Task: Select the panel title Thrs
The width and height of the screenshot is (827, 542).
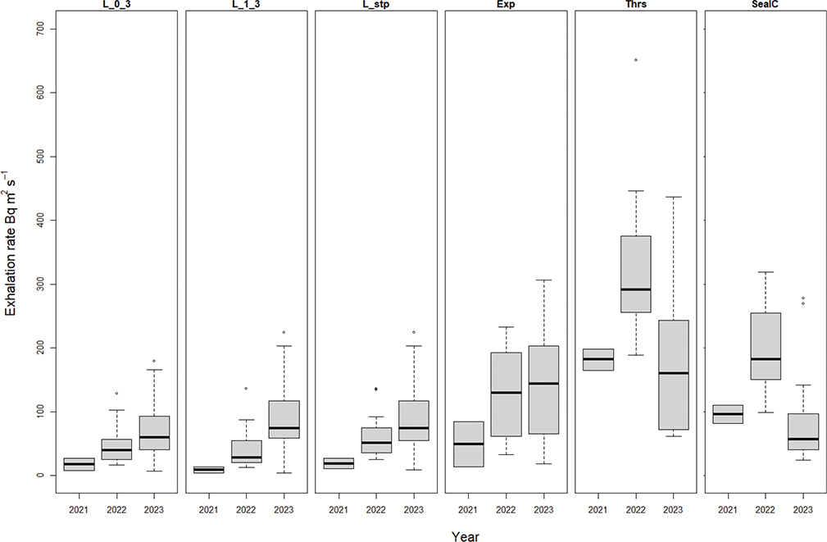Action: [634, 6]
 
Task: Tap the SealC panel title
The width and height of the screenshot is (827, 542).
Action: [764, 6]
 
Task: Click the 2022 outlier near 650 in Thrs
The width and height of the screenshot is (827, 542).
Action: [635, 60]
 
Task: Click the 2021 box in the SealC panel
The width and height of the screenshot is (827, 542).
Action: [725, 414]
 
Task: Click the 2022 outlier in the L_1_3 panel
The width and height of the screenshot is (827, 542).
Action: [246, 389]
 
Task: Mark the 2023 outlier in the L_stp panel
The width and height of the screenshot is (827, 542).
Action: [414, 332]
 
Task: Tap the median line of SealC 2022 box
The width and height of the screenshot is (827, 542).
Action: [764, 359]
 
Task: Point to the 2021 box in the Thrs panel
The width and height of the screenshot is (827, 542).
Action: [597, 359]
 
